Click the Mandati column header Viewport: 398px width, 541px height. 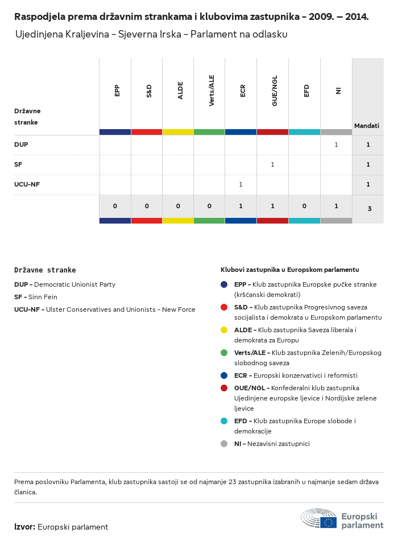(367, 126)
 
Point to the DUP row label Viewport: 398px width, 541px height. (21, 144)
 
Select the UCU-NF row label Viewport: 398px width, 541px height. (27, 184)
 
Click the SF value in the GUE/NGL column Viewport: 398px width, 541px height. (272, 164)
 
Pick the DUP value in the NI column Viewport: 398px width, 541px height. (336, 144)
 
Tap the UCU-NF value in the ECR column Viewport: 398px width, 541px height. (241, 184)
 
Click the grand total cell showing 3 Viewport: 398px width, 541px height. (369, 209)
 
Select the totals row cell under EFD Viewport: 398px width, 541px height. (304, 206)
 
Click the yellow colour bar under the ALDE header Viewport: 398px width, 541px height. (178, 132)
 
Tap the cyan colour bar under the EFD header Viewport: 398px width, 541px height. (304, 132)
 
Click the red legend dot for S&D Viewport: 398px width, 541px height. (224, 307)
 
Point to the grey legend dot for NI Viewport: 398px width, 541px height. (224, 444)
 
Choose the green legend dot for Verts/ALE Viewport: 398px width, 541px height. (224, 353)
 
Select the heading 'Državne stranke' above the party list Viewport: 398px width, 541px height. (45, 270)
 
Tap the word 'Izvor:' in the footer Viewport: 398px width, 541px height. (25, 527)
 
